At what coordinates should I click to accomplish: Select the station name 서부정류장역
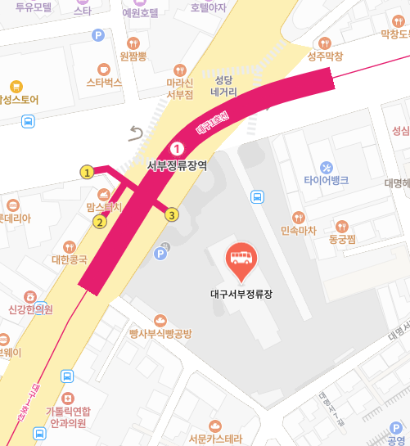(x=176, y=164)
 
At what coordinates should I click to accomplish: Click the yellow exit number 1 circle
(x=86, y=172)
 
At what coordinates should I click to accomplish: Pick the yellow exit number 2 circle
(x=100, y=222)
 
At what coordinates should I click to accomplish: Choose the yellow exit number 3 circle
(x=171, y=215)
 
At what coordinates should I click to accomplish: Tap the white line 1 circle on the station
(x=176, y=147)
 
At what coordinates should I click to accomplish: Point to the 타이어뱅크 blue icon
(x=327, y=166)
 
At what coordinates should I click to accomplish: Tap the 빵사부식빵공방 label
(x=160, y=333)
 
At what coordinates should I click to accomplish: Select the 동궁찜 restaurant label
(x=345, y=240)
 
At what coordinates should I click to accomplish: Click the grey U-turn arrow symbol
(x=137, y=133)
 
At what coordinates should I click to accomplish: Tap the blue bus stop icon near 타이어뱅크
(x=258, y=196)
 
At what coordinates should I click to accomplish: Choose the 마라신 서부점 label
(x=179, y=88)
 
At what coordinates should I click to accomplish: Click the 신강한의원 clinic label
(x=30, y=309)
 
